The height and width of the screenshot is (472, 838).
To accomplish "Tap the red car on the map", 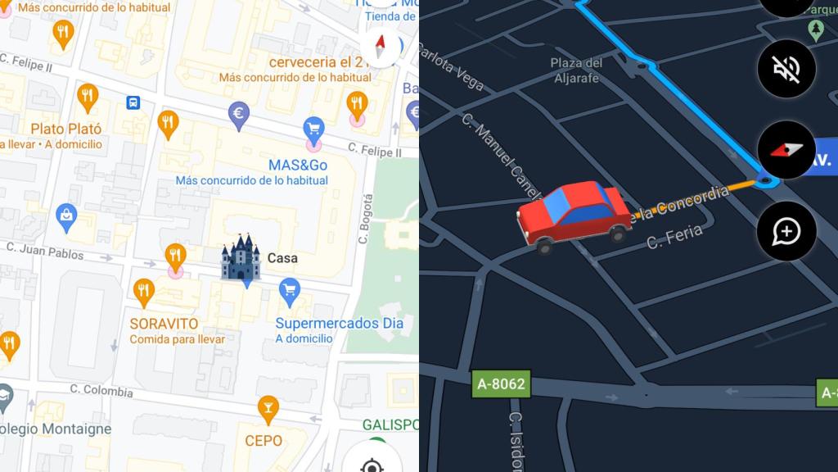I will [x=574, y=216].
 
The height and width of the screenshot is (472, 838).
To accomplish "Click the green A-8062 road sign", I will [x=501, y=383].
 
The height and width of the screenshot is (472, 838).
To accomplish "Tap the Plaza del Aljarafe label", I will [x=576, y=70].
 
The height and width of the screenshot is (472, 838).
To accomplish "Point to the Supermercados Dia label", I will [x=339, y=323].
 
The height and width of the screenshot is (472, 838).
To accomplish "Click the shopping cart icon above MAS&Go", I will [x=313, y=128].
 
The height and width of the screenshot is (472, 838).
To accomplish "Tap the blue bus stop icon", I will [x=133, y=102].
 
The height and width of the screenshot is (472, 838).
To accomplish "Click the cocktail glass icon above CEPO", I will [x=268, y=406].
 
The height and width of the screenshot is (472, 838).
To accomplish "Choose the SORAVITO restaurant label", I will [x=164, y=324].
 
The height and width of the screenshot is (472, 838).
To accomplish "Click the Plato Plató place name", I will [x=66, y=129].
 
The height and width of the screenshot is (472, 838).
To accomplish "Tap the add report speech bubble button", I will [x=786, y=232].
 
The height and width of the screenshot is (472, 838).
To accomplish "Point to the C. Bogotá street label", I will [x=366, y=218].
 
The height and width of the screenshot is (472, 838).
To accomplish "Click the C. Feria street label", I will [x=675, y=238].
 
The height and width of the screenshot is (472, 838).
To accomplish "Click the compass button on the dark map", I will [x=786, y=151].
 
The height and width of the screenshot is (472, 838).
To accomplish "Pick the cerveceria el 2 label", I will [x=315, y=62].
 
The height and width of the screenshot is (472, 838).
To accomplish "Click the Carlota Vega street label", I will [x=451, y=65].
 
